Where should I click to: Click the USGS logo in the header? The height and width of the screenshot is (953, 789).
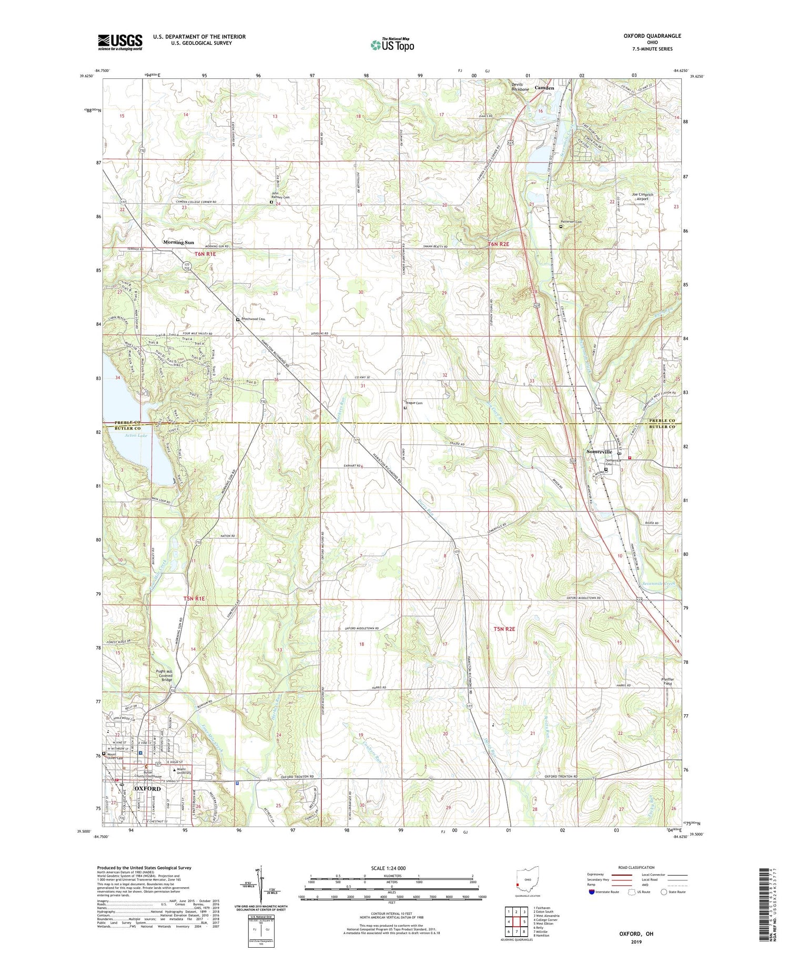(x=120, y=42)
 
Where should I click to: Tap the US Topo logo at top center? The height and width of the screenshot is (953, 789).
(x=392, y=45)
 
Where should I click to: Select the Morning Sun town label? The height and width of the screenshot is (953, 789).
(x=178, y=242)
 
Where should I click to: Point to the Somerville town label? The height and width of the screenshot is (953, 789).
(x=599, y=452)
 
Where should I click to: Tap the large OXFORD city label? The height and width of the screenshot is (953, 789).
(x=147, y=788)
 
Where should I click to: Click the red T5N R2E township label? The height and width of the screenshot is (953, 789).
(x=504, y=629)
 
